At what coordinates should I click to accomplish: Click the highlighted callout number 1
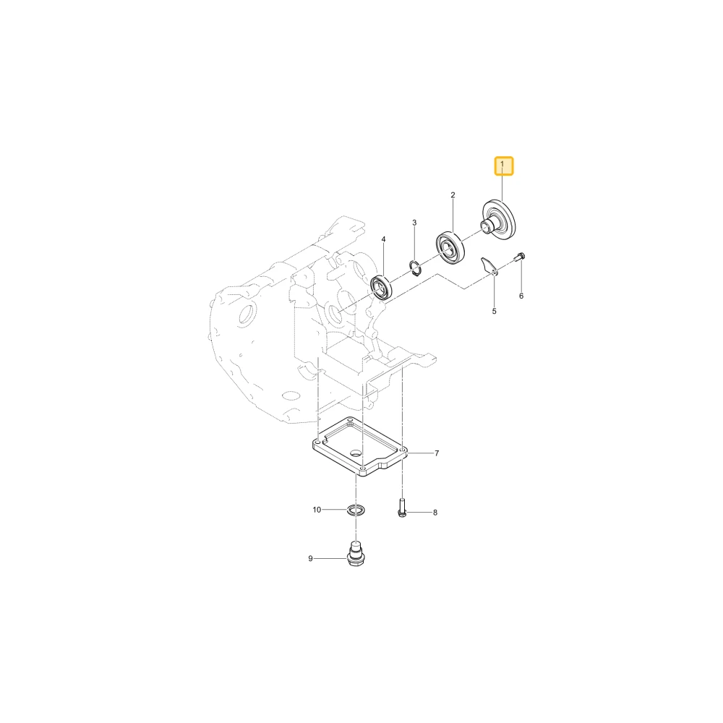(503, 166)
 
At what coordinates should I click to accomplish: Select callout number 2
(453, 195)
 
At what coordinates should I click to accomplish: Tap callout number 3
(414, 223)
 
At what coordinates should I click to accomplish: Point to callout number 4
(383, 239)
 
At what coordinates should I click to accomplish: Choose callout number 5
(494, 311)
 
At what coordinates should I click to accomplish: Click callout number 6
(521, 296)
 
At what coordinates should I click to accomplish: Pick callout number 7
(437, 453)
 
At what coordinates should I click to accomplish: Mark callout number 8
(435, 513)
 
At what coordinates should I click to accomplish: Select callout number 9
(310, 558)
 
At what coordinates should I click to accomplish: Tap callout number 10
(317, 510)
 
